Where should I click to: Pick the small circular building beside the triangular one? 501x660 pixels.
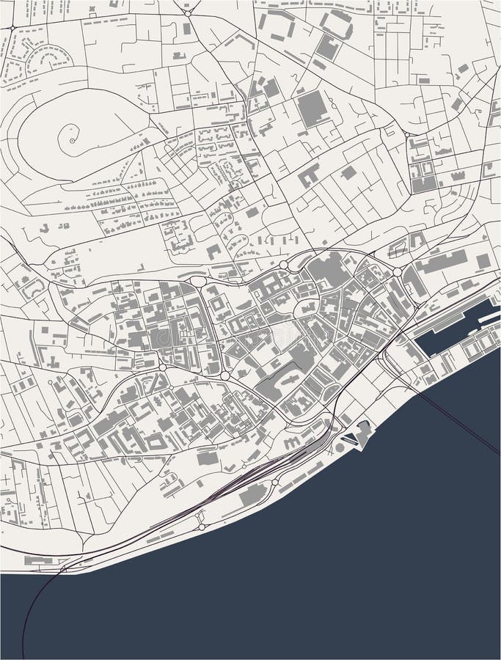click(340, 448)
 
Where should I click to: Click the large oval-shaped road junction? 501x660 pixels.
click(198, 281)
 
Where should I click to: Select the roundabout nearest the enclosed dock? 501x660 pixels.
click(397, 272)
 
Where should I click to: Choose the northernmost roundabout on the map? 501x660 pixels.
click(188, 12)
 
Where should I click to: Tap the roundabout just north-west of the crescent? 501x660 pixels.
click(12, 27)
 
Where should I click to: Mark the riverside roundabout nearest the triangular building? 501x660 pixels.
click(276, 483)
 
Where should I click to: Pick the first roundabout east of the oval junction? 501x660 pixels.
click(283, 265)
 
